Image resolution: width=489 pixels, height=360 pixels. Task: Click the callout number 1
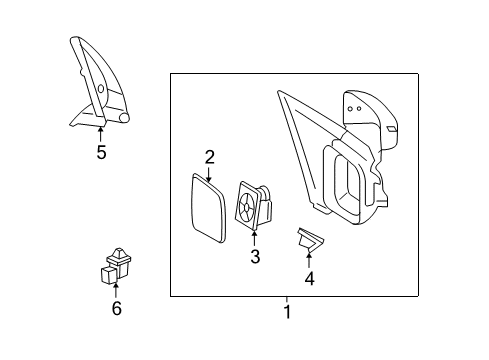click(x=287, y=312)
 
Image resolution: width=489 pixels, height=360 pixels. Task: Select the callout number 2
click(x=210, y=156)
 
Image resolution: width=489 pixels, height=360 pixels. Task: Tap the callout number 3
click(x=255, y=257)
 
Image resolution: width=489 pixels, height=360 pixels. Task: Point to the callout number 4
click(x=309, y=278)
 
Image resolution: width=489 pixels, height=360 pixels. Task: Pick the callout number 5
click(x=101, y=152)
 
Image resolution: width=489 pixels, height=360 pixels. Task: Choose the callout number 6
click(x=116, y=309)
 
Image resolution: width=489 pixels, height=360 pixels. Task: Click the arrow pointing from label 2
click(x=210, y=172)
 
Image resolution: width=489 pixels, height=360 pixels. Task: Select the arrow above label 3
click(x=255, y=238)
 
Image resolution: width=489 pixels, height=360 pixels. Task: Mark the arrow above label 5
click(x=101, y=133)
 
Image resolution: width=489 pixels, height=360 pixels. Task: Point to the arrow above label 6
click(x=116, y=290)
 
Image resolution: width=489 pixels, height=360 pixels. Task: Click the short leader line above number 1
click(x=287, y=300)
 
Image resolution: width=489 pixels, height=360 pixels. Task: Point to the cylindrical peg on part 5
click(x=126, y=117)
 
